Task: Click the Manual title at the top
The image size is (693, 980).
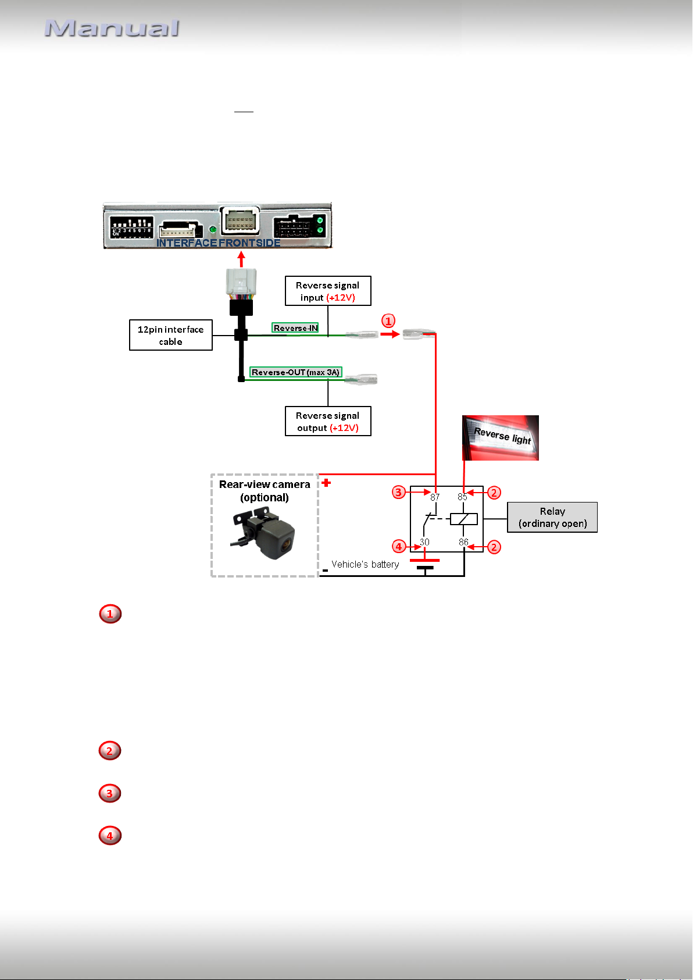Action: pyautogui.click(x=112, y=28)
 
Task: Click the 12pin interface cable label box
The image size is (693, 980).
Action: pyautogui.click(x=171, y=335)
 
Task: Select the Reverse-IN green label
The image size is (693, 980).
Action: pyautogui.click(x=295, y=327)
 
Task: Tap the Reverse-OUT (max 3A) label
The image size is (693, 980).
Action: pyautogui.click(x=295, y=372)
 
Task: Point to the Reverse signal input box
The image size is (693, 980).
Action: pyautogui.click(x=328, y=291)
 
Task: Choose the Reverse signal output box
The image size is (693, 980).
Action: pyautogui.click(x=328, y=421)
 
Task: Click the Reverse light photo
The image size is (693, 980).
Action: pyautogui.click(x=501, y=437)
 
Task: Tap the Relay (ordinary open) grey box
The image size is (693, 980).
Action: pyautogui.click(x=552, y=517)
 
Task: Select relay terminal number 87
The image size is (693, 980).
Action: pyautogui.click(x=435, y=497)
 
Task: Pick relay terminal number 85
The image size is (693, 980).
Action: pyautogui.click(x=462, y=497)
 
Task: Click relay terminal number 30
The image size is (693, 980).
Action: pyautogui.click(x=424, y=542)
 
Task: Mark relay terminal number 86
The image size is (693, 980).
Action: pyautogui.click(x=463, y=542)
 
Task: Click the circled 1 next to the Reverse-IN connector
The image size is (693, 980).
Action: pyautogui.click(x=388, y=320)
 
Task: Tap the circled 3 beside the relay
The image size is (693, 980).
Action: pyautogui.click(x=398, y=492)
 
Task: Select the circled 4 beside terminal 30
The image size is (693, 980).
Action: pyautogui.click(x=399, y=547)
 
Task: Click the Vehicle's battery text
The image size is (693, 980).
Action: pyautogui.click(x=365, y=564)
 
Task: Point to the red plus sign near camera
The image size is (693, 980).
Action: pyautogui.click(x=326, y=483)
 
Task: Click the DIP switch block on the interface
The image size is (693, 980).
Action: pyautogui.click(x=131, y=227)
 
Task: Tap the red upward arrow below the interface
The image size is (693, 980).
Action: pyautogui.click(x=241, y=259)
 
